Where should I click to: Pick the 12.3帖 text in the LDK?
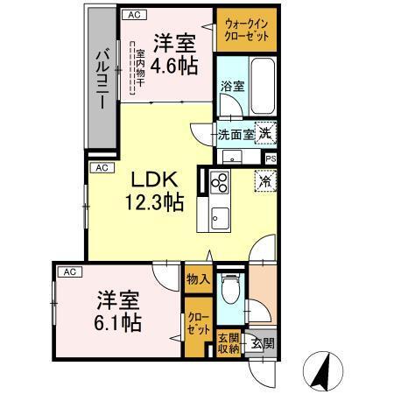click(x=152, y=202)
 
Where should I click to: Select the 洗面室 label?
click(x=236, y=135)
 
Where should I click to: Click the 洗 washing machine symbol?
click(x=265, y=134)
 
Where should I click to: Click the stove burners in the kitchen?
click(x=218, y=184)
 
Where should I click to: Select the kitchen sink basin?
click(x=218, y=217)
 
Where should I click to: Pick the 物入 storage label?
click(x=198, y=279)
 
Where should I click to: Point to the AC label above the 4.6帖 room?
click(x=134, y=15)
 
